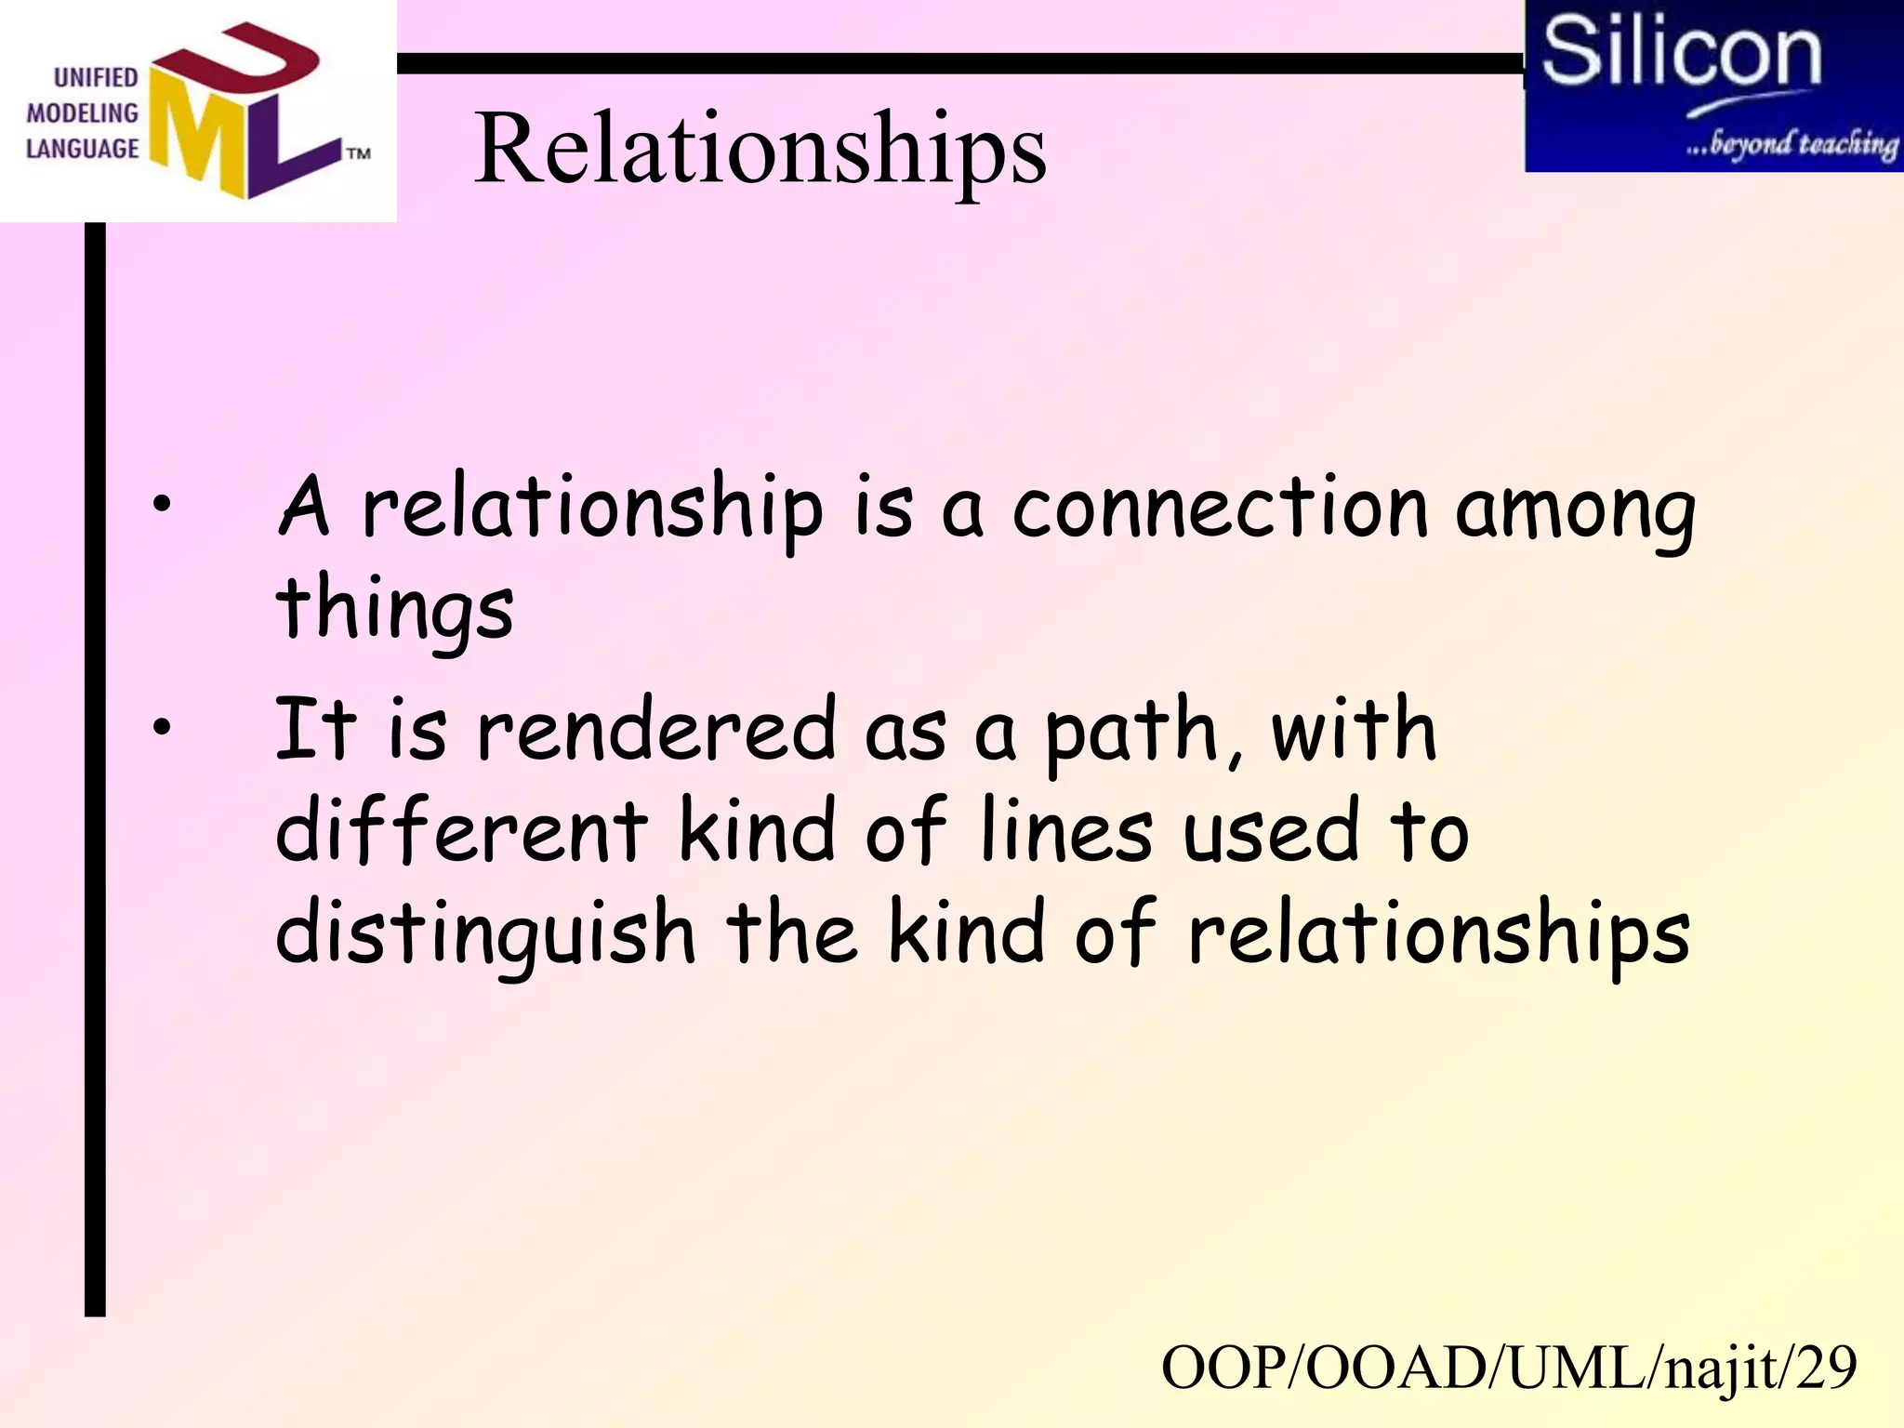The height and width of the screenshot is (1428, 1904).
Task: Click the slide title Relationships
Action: (x=760, y=149)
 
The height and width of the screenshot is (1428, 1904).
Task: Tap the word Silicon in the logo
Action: (x=1681, y=53)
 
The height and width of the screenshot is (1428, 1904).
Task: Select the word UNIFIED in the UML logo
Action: (x=96, y=77)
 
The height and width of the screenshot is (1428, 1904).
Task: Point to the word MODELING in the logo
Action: (x=82, y=113)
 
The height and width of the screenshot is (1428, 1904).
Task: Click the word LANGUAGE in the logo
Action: (x=82, y=149)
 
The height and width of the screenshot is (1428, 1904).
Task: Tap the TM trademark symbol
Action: (x=359, y=153)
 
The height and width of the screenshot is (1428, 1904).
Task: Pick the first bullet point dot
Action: (x=163, y=505)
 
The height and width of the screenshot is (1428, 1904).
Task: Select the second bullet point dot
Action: (x=163, y=728)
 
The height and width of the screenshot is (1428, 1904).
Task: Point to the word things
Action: (x=394, y=609)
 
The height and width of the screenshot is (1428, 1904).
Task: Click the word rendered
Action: (x=656, y=731)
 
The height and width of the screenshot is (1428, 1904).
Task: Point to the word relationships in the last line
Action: (x=1438, y=933)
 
